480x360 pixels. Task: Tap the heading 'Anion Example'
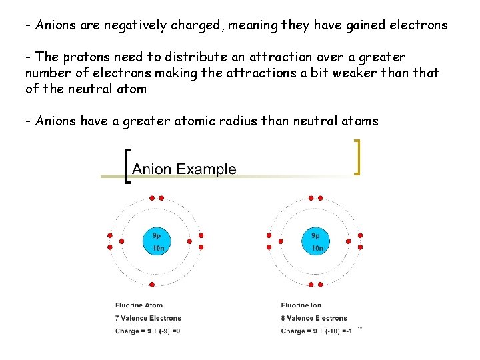point(184,169)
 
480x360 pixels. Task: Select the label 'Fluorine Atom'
point(139,305)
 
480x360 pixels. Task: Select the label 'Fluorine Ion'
point(301,305)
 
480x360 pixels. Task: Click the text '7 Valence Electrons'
point(148,318)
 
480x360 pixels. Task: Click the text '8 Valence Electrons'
point(314,318)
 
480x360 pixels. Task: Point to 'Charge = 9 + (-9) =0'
point(148,331)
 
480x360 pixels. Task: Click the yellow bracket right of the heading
point(358,157)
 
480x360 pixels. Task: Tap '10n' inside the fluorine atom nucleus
point(158,248)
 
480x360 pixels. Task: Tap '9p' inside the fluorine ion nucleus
point(315,235)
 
